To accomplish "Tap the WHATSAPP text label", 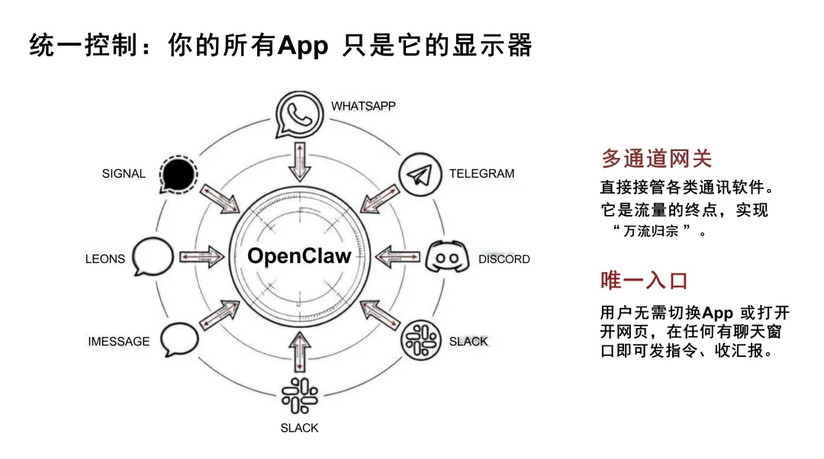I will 363,106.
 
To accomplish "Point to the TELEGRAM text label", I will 481,174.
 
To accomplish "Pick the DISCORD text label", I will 504,259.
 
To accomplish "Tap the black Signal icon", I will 179,175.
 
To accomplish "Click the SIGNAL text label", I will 124,174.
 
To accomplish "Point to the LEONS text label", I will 105,259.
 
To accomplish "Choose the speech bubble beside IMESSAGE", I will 179,339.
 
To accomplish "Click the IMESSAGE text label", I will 119,342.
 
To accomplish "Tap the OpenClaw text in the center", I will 299,256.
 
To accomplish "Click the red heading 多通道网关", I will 656,159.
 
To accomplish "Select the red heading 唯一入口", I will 645,281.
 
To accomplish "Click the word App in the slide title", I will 303,47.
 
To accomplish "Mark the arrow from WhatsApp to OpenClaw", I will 298,161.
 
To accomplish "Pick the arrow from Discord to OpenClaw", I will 397,257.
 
